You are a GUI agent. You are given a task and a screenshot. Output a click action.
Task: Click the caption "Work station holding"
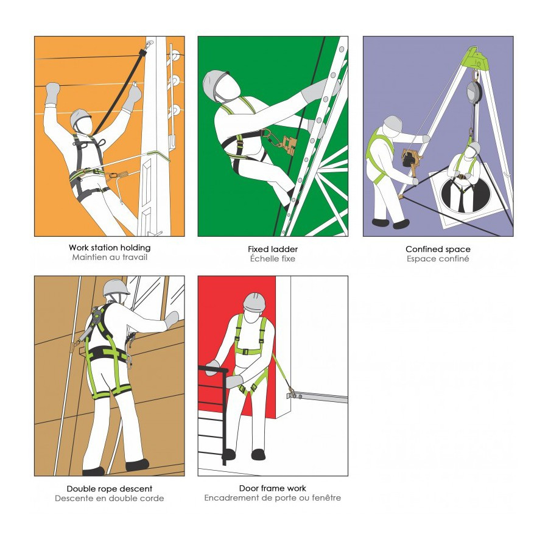[x=110, y=248]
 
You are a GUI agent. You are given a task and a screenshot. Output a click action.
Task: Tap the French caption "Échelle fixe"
[x=273, y=259]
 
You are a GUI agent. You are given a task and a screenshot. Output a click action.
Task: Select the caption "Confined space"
[x=438, y=249]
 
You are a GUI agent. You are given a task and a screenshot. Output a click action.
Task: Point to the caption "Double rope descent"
[x=110, y=488]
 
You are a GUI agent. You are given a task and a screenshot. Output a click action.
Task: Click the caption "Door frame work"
[x=273, y=488]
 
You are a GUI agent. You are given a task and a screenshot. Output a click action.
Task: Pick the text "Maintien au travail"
[x=110, y=257]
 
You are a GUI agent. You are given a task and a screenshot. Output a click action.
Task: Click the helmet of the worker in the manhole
[x=474, y=147]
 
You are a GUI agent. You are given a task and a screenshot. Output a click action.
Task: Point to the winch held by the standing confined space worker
[x=409, y=159]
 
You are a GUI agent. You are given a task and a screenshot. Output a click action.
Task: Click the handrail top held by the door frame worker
[x=213, y=368]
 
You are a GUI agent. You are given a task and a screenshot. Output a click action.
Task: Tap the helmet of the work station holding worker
[x=80, y=118]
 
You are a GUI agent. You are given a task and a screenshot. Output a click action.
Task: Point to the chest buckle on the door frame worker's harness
[x=246, y=352]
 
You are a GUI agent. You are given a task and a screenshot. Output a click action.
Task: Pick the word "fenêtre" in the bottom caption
[x=326, y=497]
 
